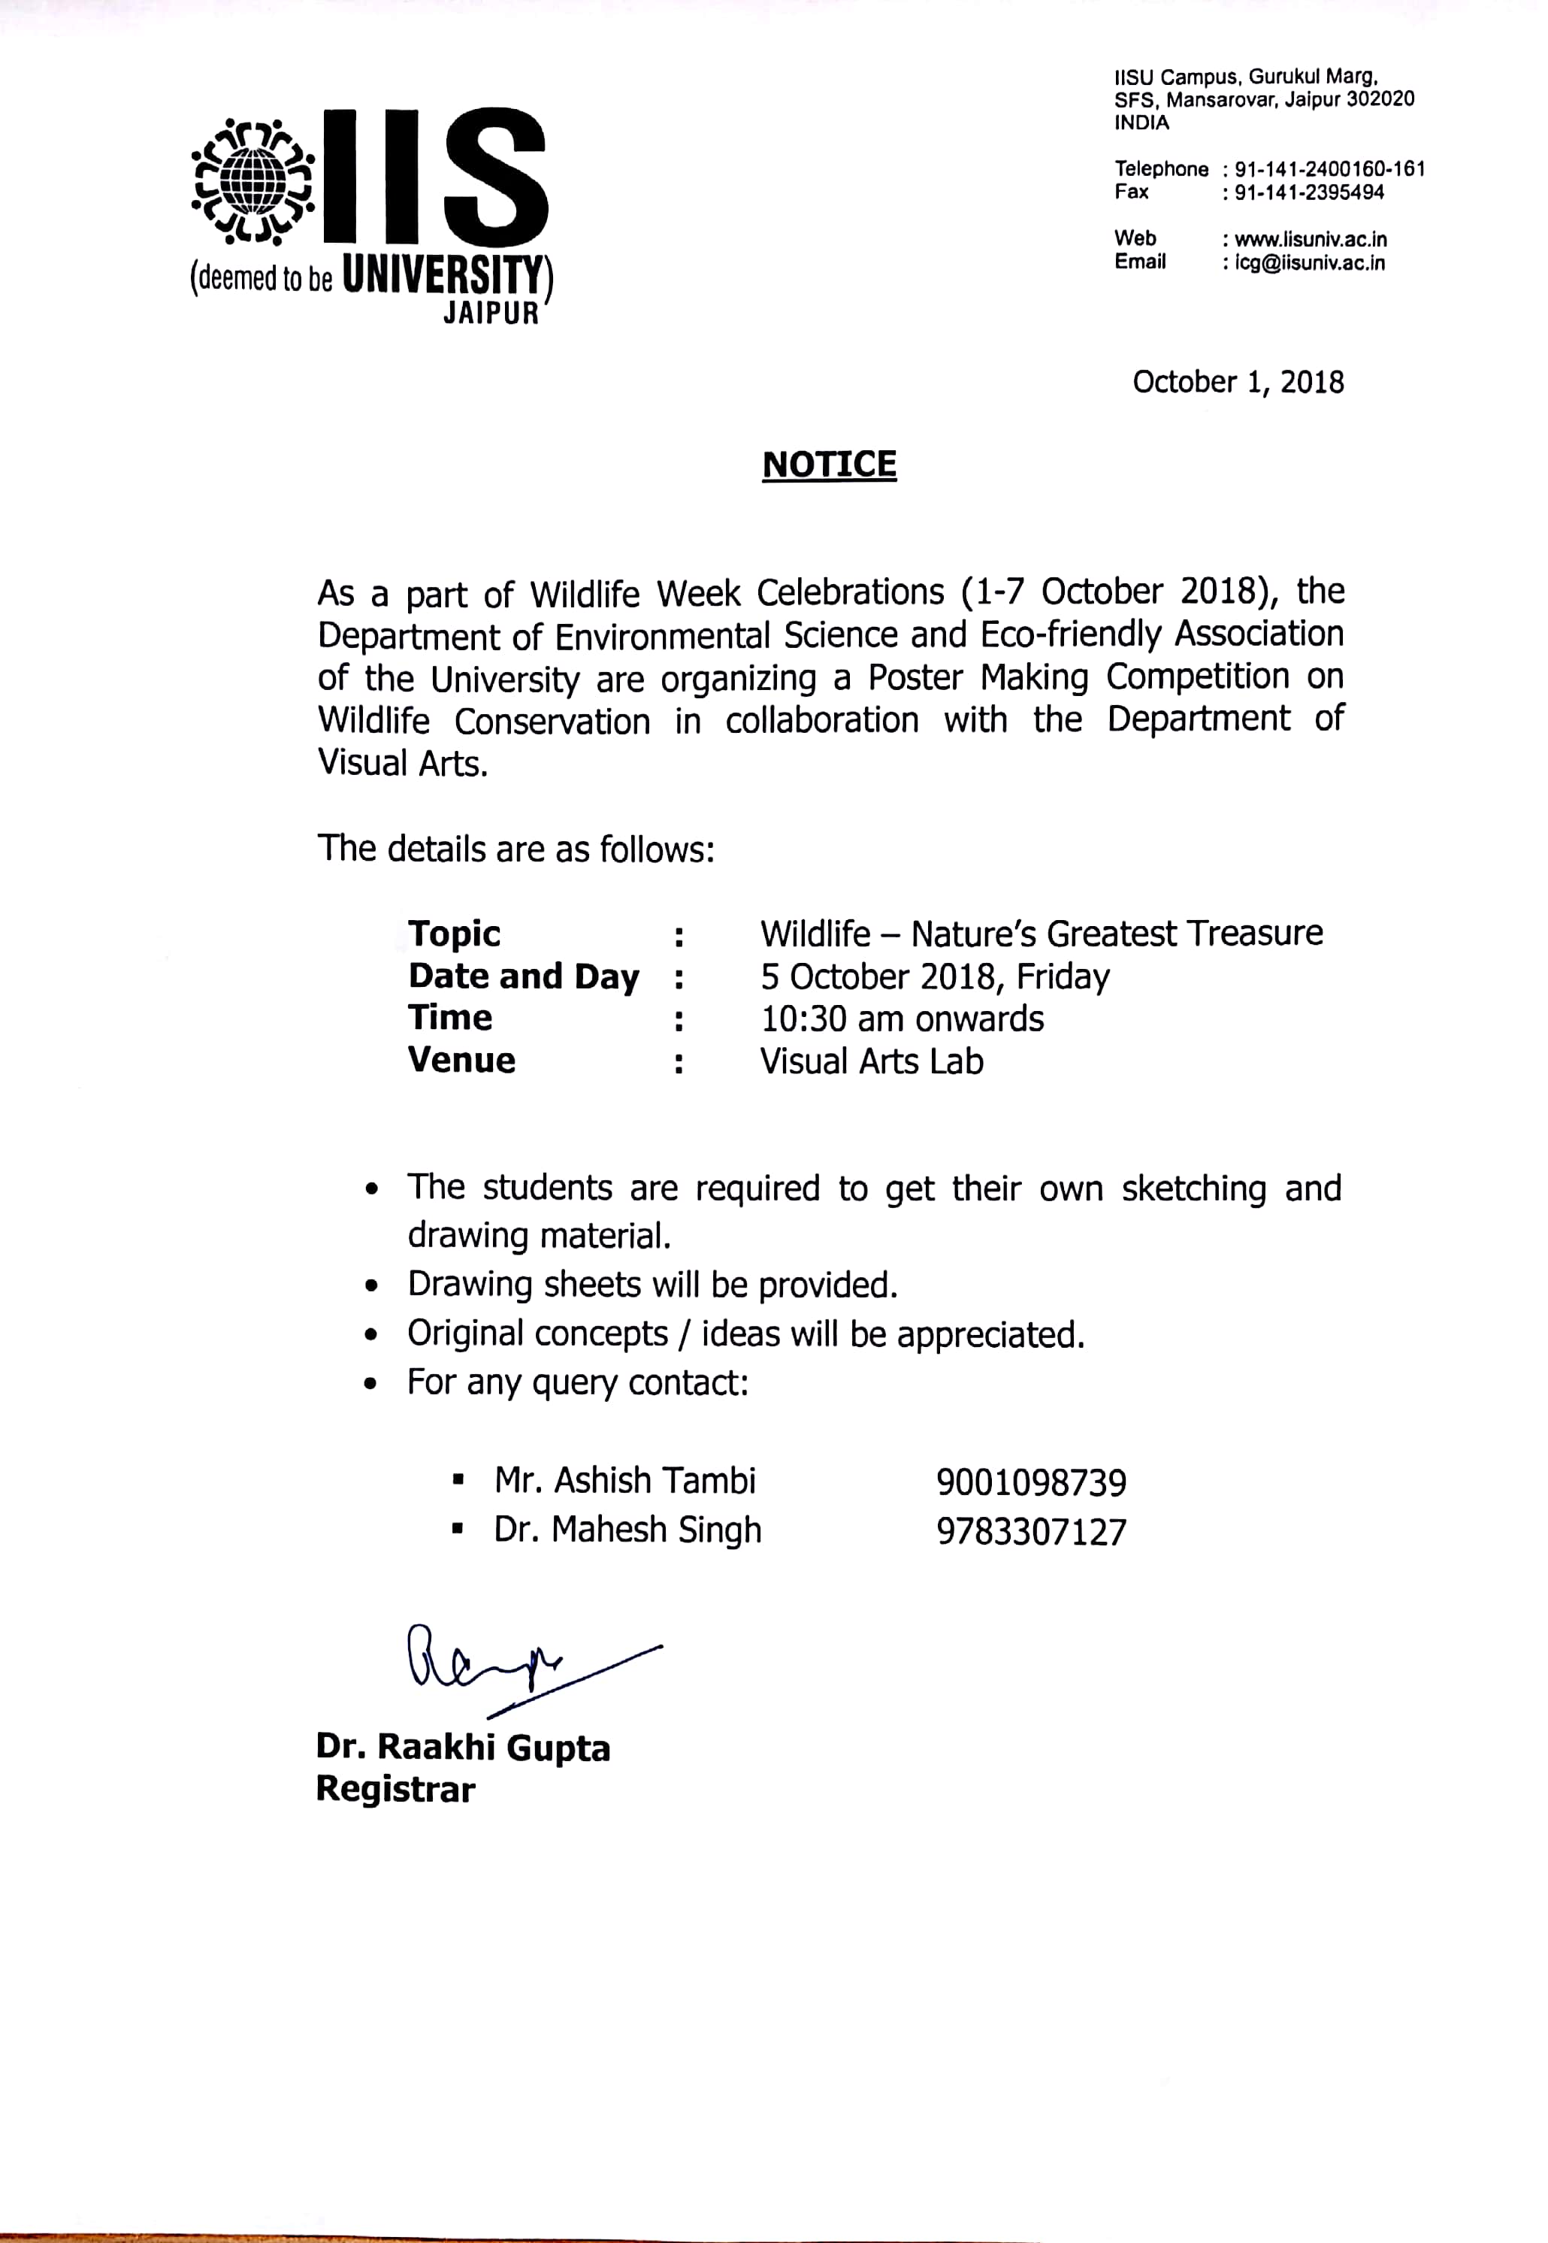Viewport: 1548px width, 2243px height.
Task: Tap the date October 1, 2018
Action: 1238,383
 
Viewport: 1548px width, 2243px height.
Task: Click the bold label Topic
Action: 454,934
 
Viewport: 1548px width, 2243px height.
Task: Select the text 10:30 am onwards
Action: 902,1019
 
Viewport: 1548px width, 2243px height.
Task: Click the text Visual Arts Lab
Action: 871,1061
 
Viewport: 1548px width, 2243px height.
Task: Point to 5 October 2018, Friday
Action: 935,976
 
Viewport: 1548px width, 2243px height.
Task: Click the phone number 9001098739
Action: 1031,1482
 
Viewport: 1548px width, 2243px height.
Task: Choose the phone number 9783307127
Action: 1031,1532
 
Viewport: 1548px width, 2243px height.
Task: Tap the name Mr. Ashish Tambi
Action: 624,1481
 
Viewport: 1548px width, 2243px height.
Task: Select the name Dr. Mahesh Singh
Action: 627,1530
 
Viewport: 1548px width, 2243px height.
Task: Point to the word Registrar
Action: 396,1789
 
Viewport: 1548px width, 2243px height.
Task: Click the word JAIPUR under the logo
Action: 491,314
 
